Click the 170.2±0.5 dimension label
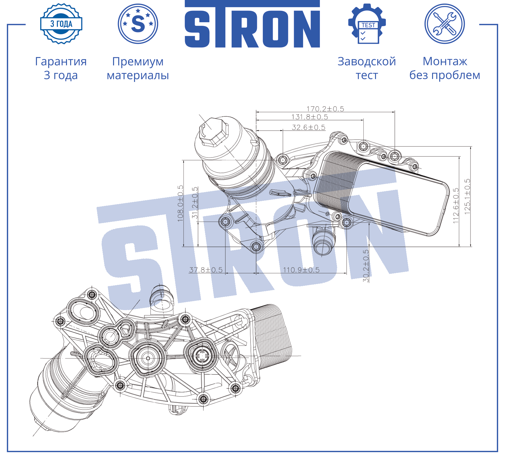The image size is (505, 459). pos(325,109)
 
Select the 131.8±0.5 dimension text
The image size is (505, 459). pos(310,117)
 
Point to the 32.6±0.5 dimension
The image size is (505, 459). pos(308,127)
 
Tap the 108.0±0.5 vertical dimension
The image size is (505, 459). pos(180,203)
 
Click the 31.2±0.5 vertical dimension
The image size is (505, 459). pos(195,203)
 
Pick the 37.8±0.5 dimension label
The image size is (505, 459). pos(206,270)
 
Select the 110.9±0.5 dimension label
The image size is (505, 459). pos(301,270)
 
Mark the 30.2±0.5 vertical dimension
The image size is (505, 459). pos(366,266)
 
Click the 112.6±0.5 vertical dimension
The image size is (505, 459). pos(456,206)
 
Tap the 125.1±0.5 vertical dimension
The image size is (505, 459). pos(467,197)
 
